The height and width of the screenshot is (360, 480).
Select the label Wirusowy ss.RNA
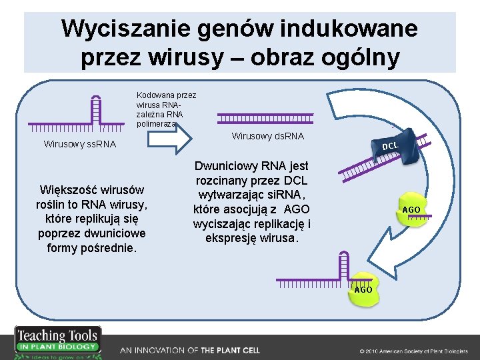point(79,144)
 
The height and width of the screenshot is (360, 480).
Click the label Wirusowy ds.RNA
point(267,136)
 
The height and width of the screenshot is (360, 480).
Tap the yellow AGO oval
point(411,209)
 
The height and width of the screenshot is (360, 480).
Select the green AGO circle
point(363,288)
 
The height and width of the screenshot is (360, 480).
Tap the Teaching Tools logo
point(57,341)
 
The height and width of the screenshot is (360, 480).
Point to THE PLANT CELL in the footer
point(230,350)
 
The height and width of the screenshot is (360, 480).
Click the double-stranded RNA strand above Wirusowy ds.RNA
point(265,118)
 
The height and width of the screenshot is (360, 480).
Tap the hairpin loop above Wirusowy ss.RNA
point(97,105)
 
